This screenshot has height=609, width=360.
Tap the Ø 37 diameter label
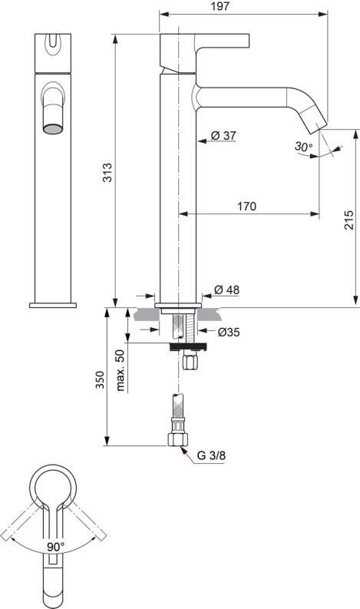coord(223,136)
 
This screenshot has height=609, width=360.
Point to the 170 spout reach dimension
coord(246,207)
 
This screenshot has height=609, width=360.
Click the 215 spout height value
coord(349,220)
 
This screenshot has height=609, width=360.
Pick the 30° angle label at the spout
coord(303,146)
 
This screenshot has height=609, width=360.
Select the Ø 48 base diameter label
coord(227,290)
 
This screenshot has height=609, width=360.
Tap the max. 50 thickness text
coord(120,370)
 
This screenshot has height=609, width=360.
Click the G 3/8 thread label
coord(211,455)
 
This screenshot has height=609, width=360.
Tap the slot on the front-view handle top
coord(53,47)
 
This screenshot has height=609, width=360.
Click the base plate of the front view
coord(53,305)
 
